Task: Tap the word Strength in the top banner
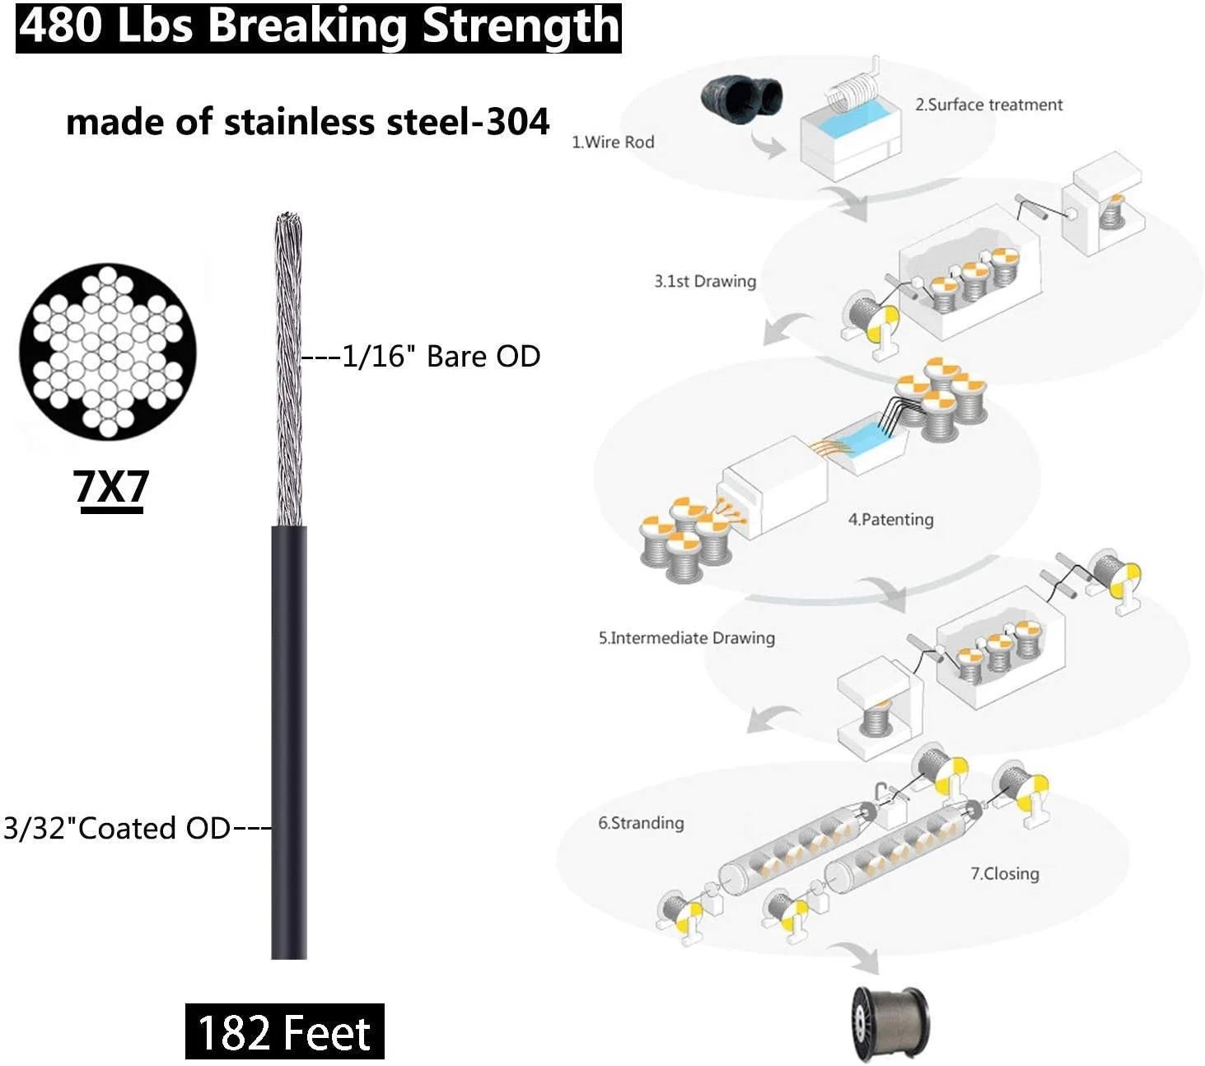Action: (x=521, y=26)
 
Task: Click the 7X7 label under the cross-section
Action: (x=111, y=487)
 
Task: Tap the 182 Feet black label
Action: (x=284, y=1032)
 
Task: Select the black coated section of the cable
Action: (x=289, y=741)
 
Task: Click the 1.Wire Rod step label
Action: (x=613, y=142)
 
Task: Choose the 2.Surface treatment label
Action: (x=988, y=105)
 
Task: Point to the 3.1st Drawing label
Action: (x=705, y=281)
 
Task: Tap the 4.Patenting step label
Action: (x=890, y=519)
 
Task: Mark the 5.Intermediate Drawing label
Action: (x=686, y=638)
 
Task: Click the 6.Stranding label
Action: (x=641, y=822)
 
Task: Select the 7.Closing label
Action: (x=1004, y=873)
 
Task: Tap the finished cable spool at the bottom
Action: (x=890, y=1022)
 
